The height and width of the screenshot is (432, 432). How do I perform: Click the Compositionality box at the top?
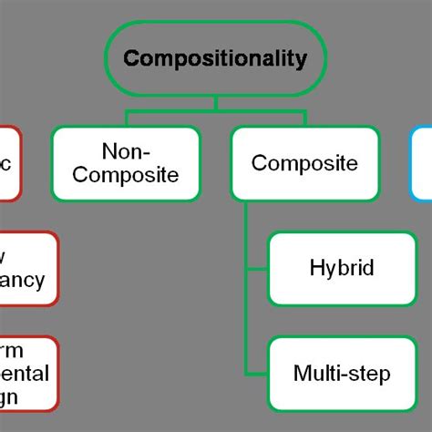pyautogui.click(x=216, y=58)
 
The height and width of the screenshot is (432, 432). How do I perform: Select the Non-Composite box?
pyautogui.click(x=126, y=163)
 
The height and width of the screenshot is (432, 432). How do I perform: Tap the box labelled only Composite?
pyautogui.click(x=304, y=163)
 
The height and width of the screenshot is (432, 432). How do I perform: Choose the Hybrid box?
pyautogui.click(x=342, y=269)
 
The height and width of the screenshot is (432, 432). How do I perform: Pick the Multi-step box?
pyautogui.click(x=342, y=373)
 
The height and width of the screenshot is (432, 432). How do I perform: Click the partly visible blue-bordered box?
pyautogui.click(x=422, y=163)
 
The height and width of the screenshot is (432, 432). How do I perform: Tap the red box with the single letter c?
pyautogui.click(x=7, y=163)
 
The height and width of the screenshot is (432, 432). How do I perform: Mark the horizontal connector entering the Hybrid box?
pyautogui.click(x=257, y=270)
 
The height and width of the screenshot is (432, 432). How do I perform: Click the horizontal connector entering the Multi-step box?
pyautogui.click(x=257, y=374)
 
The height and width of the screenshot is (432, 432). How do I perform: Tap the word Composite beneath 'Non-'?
pyautogui.click(x=126, y=175)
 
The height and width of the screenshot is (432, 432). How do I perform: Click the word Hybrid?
pyautogui.click(x=342, y=269)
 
